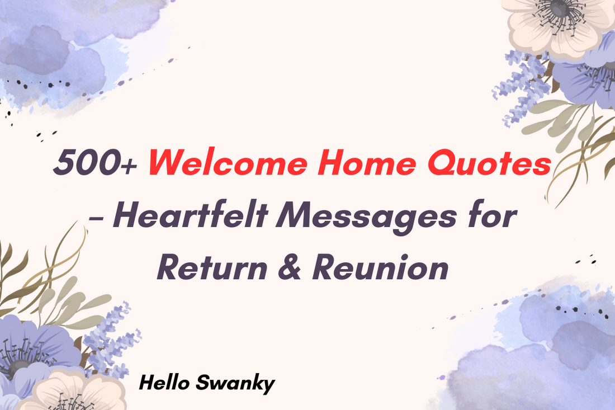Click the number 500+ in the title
click(x=95, y=162)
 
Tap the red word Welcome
click(x=228, y=162)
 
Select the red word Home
click(x=367, y=162)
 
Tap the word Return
click(x=212, y=267)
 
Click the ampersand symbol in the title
click(x=290, y=267)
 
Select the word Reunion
click(x=380, y=267)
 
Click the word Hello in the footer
click(x=164, y=383)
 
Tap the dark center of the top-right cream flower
click(x=559, y=8)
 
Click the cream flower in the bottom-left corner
click(x=73, y=390)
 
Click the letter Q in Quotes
click(x=441, y=163)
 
